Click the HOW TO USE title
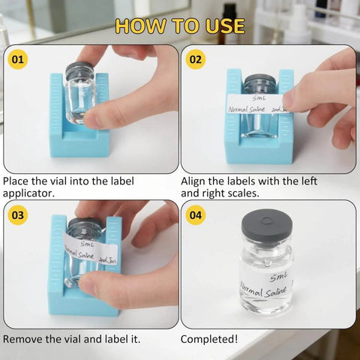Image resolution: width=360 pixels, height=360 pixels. pyautogui.click(x=180, y=25)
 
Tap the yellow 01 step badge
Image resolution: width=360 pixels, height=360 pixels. pyautogui.click(x=17, y=58)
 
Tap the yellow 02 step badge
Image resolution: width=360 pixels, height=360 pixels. pyautogui.click(x=195, y=58)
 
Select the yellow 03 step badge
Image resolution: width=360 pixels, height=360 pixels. pyautogui.click(x=17, y=214)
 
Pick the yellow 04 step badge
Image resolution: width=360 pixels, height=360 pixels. pyautogui.click(x=195, y=214)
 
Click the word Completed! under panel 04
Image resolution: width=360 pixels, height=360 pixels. pyautogui.click(x=209, y=339)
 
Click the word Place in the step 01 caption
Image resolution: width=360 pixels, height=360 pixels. pyautogui.click(x=17, y=181)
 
